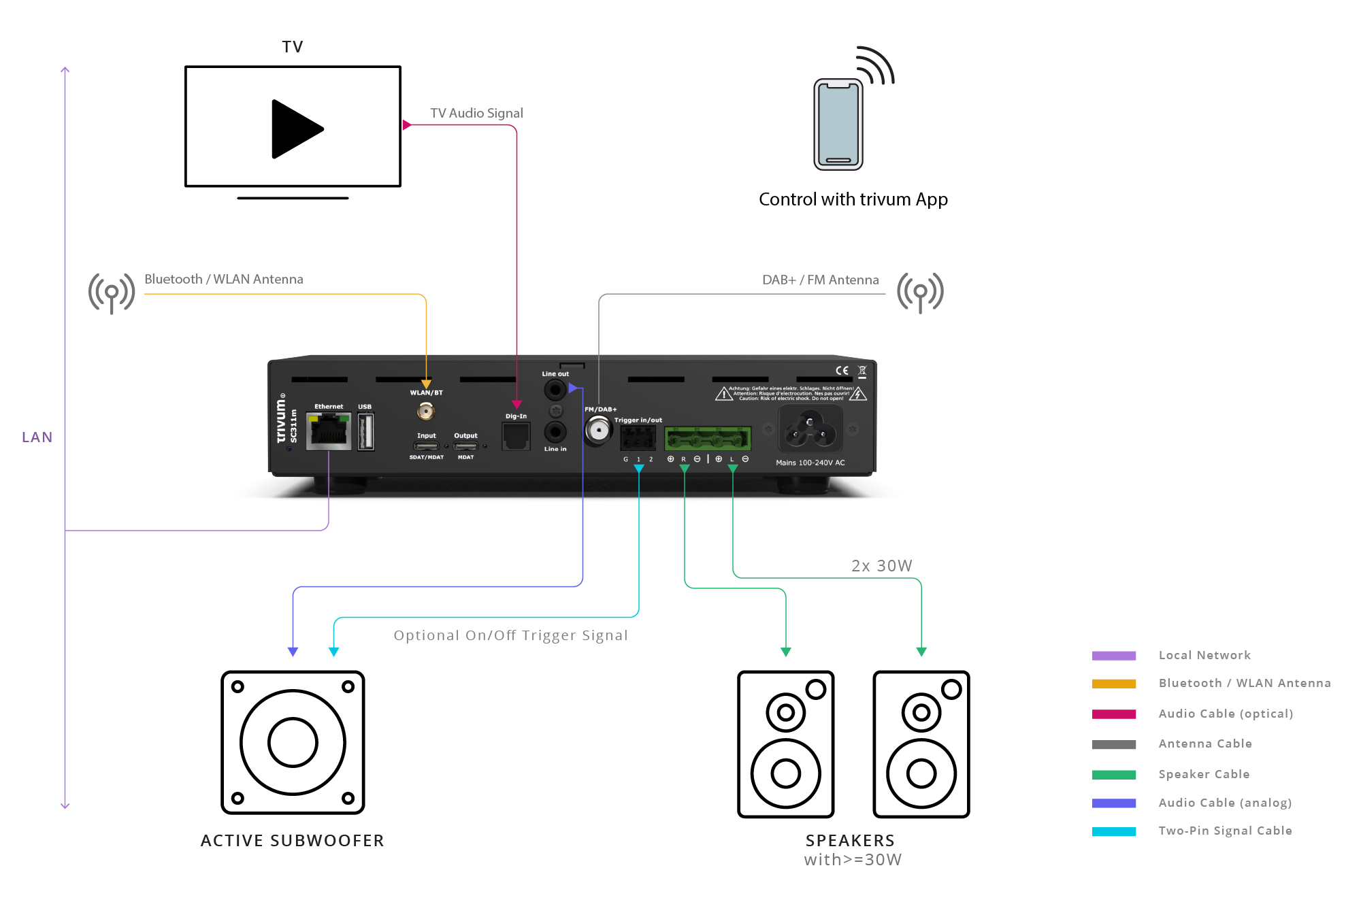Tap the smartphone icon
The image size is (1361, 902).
click(x=838, y=124)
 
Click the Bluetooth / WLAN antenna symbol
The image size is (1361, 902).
click(x=112, y=293)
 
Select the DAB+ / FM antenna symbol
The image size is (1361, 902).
click(x=920, y=293)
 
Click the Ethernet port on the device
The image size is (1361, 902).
click(x=329, y=431)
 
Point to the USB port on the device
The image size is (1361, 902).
click(x=365, y=431)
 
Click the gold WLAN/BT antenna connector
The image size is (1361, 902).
click(x=426, y=411)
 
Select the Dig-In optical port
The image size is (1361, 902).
click(x=516, y=436)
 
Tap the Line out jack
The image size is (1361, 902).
click(x=555, y=390)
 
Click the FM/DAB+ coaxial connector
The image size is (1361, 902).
click(x=599, y=430)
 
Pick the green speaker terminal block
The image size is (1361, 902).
click(x=707, y=439)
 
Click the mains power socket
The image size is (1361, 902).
click(x=810, y=429)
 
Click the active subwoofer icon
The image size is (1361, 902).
click(x=293, y=742)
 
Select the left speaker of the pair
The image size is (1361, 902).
click(x=786, y=744)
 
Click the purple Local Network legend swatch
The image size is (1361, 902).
click(x=1113, y=656)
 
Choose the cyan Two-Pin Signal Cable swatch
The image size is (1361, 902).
click(x=1113, y=831)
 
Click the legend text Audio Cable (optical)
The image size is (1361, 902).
click(x=1226, y=714)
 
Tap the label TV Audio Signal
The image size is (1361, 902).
click(x=476, y=113)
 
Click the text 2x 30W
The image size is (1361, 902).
click(x=881, y=566)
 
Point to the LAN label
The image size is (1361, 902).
click(x=37, y=437)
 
